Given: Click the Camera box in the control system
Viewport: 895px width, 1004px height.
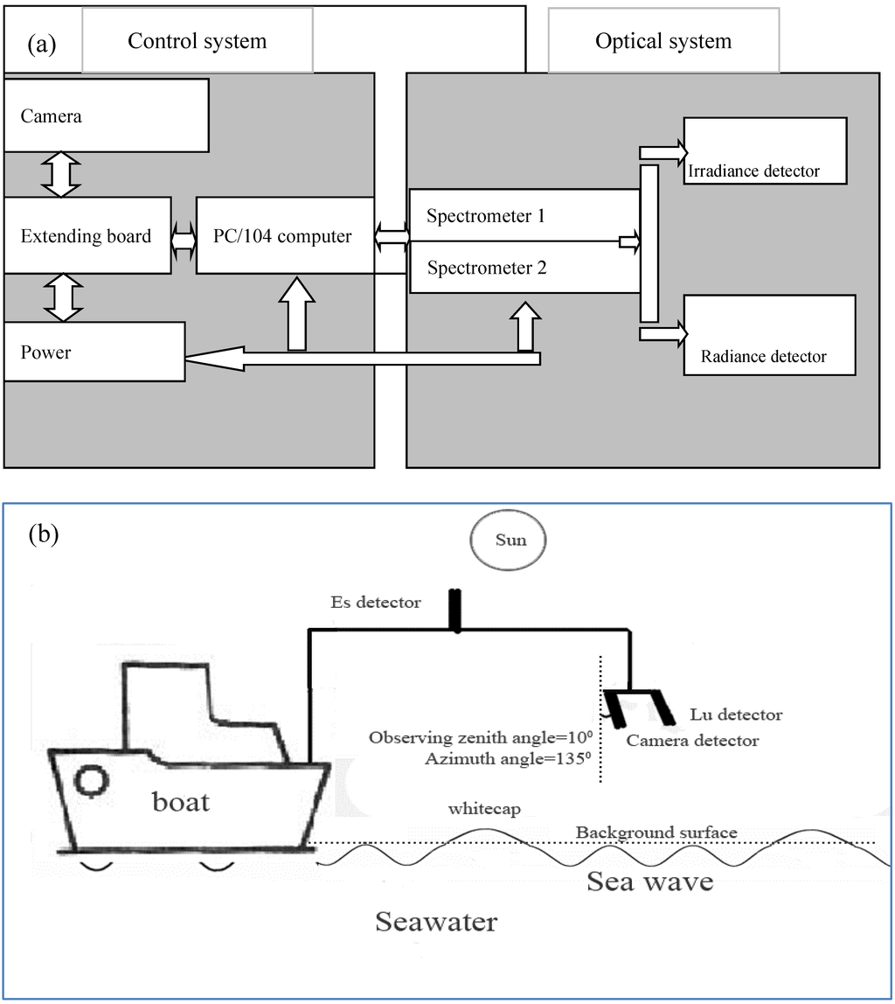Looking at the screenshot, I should coord(106,115).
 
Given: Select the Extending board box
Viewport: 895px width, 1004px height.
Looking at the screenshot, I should coord(87,235).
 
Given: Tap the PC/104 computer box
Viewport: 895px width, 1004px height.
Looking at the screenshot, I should coord(285,235).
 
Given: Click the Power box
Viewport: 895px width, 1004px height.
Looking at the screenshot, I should coord(94,352).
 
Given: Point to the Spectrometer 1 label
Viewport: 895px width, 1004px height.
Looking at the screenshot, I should coord(486,216).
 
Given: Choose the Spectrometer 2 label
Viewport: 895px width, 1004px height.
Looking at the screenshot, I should coord(487,268).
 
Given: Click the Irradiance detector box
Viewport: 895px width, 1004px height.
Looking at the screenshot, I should coord(765,150).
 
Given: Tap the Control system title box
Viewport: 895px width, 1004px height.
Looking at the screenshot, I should coord(197,40).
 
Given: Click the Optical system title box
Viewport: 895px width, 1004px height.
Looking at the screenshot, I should coord(663,41).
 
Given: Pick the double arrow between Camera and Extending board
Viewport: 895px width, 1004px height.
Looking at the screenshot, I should coord(61,176).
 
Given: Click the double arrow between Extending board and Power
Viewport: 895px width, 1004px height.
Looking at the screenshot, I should coord(61,297).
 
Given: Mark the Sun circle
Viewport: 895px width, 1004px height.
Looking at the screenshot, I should coord(510,540).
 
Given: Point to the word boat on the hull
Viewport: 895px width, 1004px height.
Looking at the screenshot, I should coord(181,801).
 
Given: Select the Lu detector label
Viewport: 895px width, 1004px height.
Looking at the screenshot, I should coord(736,715).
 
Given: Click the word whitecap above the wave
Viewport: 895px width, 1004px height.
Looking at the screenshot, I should coord(483,809).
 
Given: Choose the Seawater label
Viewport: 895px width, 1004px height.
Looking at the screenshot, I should coord(436,921).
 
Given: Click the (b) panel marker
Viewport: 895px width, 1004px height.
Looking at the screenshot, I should coord(44,533).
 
